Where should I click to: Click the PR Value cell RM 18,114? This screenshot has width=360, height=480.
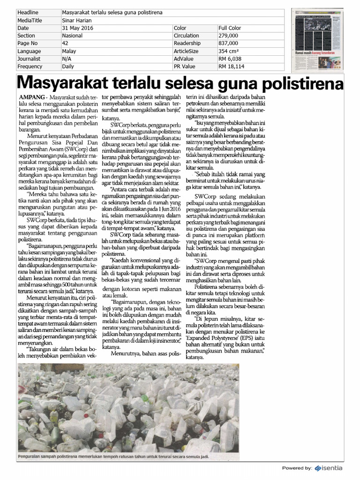231,67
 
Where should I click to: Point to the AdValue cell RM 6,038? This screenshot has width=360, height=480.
230,59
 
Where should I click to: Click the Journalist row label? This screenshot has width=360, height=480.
29,59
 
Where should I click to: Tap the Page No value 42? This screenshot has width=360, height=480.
65,43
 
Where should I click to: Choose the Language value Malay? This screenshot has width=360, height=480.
69,51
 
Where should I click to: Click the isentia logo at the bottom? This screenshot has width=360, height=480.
329,467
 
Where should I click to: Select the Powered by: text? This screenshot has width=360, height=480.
297,468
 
